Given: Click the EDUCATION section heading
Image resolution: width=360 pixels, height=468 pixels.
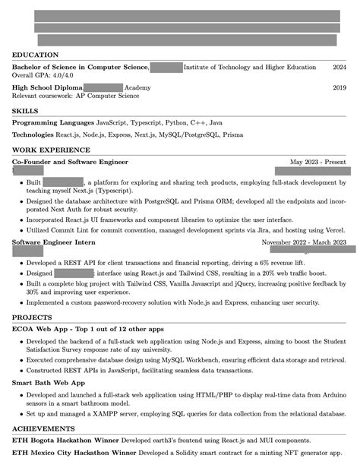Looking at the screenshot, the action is [x=35, y=55].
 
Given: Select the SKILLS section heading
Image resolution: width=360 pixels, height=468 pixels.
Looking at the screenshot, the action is [x=27, y=111].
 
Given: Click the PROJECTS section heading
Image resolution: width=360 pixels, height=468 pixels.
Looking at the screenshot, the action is [x=33, y=316].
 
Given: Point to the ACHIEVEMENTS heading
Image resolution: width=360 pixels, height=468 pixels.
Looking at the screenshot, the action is [x=43, y=429].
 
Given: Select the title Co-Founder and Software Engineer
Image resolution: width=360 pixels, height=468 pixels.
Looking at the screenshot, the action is [x=70, y=162].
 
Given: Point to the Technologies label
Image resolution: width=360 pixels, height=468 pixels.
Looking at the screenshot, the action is [x=38, y=134].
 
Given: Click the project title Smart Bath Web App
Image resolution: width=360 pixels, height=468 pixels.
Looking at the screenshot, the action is [x=48, y=383].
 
